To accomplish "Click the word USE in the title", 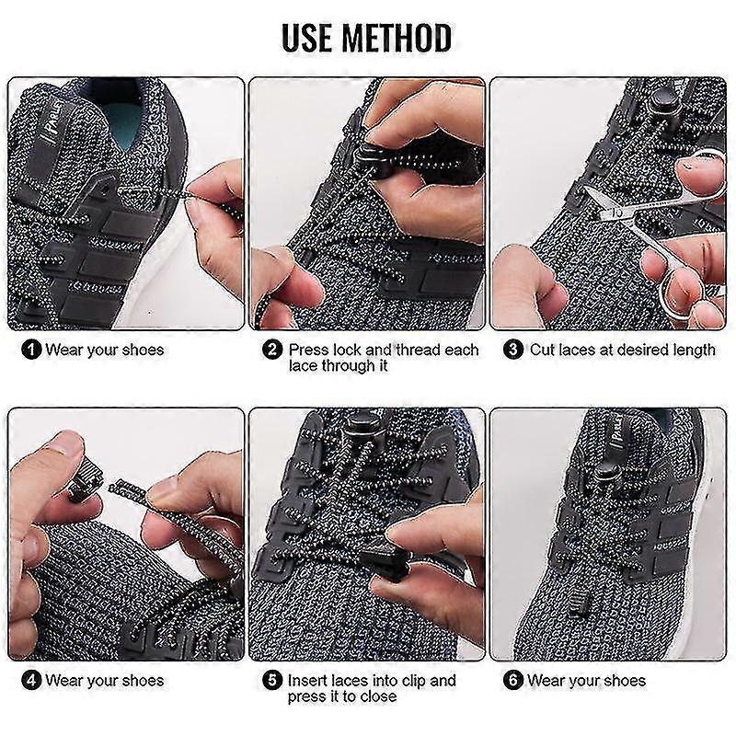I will pos(312,39).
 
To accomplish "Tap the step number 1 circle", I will pos(31,350).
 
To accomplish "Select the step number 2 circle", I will pos(272,350).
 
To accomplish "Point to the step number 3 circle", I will pos(513,350).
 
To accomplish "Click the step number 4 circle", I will pos(31,681).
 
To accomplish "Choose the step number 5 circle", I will pos(272,681).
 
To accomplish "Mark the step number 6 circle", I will pos(513,681).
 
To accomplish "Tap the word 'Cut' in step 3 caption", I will pos(543,350).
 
